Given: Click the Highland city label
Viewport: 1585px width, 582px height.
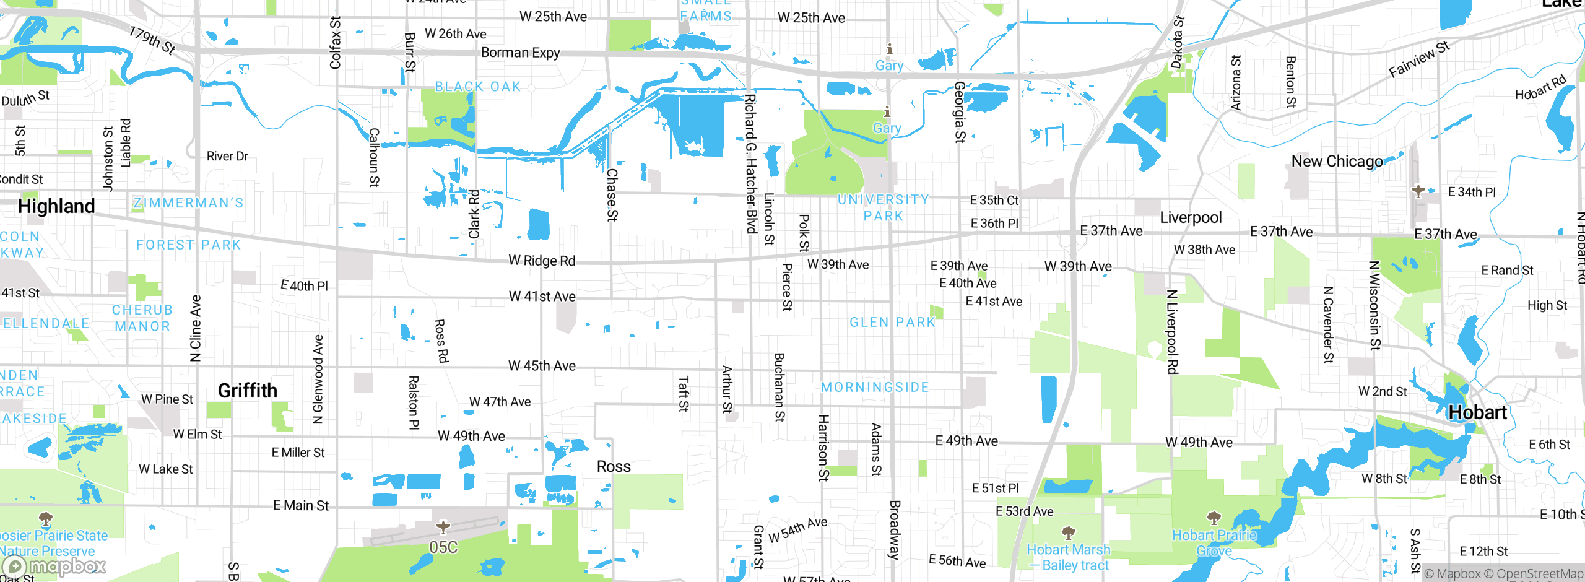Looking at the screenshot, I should [56, 206].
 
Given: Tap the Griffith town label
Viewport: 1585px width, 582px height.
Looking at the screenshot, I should [248, 391].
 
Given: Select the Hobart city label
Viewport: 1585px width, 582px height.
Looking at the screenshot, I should [1477, 412].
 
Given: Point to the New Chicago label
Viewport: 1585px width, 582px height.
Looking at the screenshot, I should [1337, 162].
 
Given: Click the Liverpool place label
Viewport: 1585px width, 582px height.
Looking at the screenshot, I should [1191, 218].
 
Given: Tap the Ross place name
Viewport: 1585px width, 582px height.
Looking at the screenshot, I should [614, 466].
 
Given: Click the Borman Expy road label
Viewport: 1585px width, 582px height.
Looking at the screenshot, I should [520, 53].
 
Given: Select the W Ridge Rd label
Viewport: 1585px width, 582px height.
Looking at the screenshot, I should [542, 261].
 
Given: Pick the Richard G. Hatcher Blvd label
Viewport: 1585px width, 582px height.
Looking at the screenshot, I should [750, 164].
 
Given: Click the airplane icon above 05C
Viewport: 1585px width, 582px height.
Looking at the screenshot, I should [443, 527].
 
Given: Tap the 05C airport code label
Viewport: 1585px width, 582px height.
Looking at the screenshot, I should [443, 547].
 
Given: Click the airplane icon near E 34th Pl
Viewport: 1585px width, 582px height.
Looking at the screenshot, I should [1418, 191].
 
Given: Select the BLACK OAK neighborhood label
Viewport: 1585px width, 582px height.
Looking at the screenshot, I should [478, 87].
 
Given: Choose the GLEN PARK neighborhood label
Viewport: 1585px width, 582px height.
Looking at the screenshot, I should [892, 322].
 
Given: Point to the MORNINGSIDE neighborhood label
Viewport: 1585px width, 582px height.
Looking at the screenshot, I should [875, 387].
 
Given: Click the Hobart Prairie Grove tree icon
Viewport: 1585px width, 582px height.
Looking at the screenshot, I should [1214, 517].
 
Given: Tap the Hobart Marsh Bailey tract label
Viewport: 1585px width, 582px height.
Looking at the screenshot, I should [1069, 557].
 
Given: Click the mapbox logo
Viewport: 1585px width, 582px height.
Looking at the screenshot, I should [54, 566].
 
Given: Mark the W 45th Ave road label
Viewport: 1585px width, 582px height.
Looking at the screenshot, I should [542, 366].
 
